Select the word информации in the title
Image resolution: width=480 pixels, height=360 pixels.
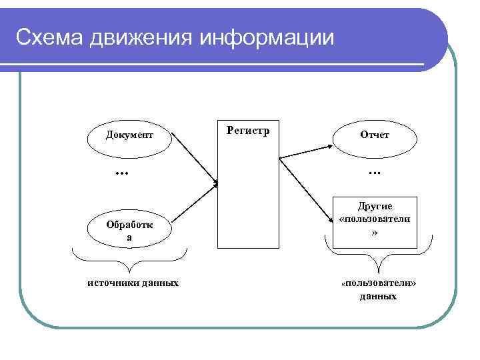tap(265, 39)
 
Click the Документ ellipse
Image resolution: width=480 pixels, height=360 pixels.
tap(129, 135)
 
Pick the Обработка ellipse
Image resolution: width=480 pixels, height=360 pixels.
tap(129, 231)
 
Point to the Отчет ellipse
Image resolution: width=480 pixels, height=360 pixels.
tap(375, 135)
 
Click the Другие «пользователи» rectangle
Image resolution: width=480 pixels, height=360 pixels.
tap(375, 222)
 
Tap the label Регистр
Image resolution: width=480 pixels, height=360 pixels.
tap(248, 131)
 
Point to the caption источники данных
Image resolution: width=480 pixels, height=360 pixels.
tap(133, 283)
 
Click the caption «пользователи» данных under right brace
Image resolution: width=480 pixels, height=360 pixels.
tap(378, 289)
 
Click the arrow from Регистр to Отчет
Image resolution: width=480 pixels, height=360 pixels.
tap(307, 148)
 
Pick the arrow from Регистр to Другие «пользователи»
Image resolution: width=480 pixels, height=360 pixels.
tap(309, 191)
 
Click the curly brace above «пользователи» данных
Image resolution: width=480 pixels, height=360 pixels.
tap(378, 254)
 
